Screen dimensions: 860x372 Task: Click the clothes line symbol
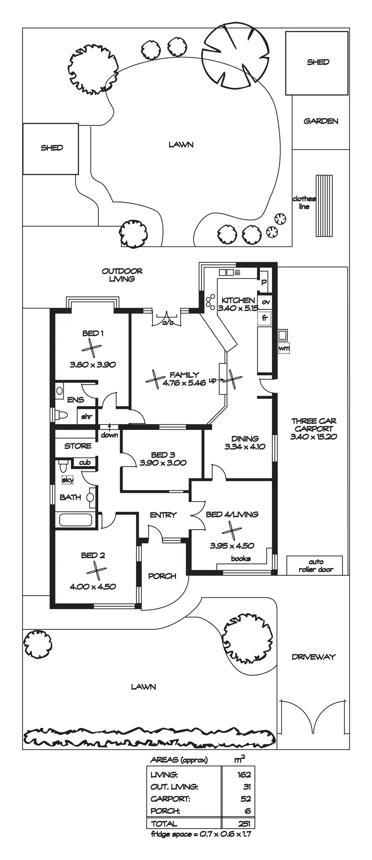click(324, 206)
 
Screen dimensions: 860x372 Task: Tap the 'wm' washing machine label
click(284, 348)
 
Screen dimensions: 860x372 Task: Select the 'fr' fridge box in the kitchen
click(265, 318)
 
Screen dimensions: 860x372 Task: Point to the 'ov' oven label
click(266, 302)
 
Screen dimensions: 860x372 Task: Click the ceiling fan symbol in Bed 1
click(92, 348)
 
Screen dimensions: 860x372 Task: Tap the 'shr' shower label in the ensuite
click(87, 417)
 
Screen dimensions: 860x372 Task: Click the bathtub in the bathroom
click(76, 519)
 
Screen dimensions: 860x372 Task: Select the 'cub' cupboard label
click(85, 462)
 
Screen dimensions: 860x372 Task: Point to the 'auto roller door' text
click(316, 566)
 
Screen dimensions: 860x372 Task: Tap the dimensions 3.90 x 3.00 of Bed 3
click(163, 463)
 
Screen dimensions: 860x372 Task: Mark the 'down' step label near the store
click(109, 435)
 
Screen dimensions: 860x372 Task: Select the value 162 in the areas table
click(244, 775)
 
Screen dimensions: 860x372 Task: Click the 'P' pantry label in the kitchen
click(264, 282)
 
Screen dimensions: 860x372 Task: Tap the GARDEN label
click(321, 121)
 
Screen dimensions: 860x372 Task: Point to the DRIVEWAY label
click(313, 657)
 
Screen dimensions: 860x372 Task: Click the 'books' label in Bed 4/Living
click(241, 559)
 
